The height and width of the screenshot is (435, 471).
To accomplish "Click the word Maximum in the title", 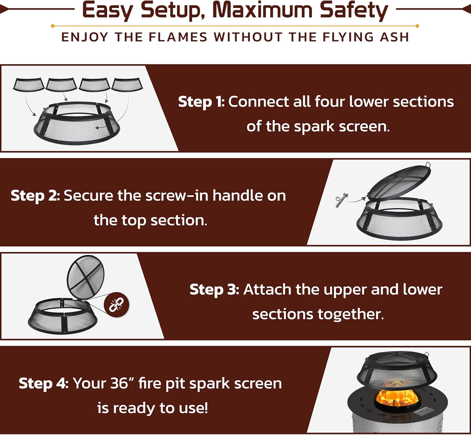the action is pyautogui.click(x=262, y=10).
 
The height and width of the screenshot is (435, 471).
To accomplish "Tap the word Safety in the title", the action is pyautogui.click(x=354, y=11).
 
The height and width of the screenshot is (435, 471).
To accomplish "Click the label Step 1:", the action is pyautogui.click(x=201, y=102).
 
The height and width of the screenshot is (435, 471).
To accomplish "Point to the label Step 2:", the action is pyautogui.click(x=35, y=196).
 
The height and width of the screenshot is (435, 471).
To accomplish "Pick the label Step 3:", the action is pyautogui.click(x=214, y=290).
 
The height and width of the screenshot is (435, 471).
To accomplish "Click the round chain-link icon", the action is pyautogui.click(x=116, y=305).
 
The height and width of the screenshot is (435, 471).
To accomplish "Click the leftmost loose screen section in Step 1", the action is pyautogui.click(x=29, y=85).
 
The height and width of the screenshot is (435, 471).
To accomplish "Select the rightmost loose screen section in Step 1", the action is pyautogui.click(x=127, y=85).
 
